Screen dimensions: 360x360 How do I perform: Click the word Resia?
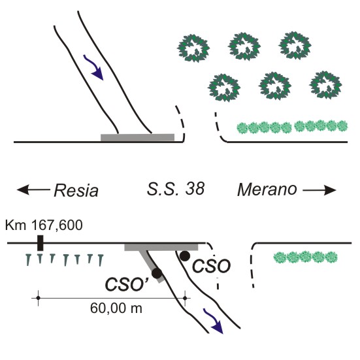pyautogui.click(x=76, y=190)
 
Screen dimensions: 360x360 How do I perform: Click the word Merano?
pyautogui.click(x=267, y=190)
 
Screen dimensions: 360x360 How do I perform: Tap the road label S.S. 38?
pyautogui.click(x=176, y=189)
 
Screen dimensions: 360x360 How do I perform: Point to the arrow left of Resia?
pyautogui.click(x=33, y=190)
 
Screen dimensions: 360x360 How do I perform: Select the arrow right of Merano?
pyautogui.click(x=319, y=190)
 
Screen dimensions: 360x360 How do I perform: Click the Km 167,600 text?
pyautogui.click(x=44, y=225)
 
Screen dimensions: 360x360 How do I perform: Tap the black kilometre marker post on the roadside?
pyautogui.click(x=40, y=243)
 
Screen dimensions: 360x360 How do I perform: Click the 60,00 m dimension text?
pyautogui.click(x=116, y=308)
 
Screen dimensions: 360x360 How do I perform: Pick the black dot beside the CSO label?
pyautogui.click(x=185, y=256)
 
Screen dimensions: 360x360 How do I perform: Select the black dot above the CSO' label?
pyautogui.click(x=157, y=273)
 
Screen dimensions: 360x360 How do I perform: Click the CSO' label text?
pyautogui.click(x=127, y=284)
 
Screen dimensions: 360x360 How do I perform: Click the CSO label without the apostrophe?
pyautogui.click(x=211, y=267)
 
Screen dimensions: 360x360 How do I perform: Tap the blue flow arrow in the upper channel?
pyautogui.click(x=93, y=67)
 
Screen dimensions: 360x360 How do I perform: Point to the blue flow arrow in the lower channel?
pyautogui.click(x=213, y=321)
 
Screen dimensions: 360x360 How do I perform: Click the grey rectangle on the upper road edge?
pyautogui.click(x=137, y=137)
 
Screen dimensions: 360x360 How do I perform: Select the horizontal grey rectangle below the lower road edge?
pyautogui.click(x=161, y=248)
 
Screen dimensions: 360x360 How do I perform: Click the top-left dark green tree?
pyautogui.click(x=193, y=48)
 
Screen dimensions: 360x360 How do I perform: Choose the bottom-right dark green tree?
pyautogui.click(x=325, y=85)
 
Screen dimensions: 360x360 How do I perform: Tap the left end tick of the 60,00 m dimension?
pyautogui.click(x=39, y=298)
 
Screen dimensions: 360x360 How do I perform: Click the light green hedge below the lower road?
pyautogui.click(x=306, y=257)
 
